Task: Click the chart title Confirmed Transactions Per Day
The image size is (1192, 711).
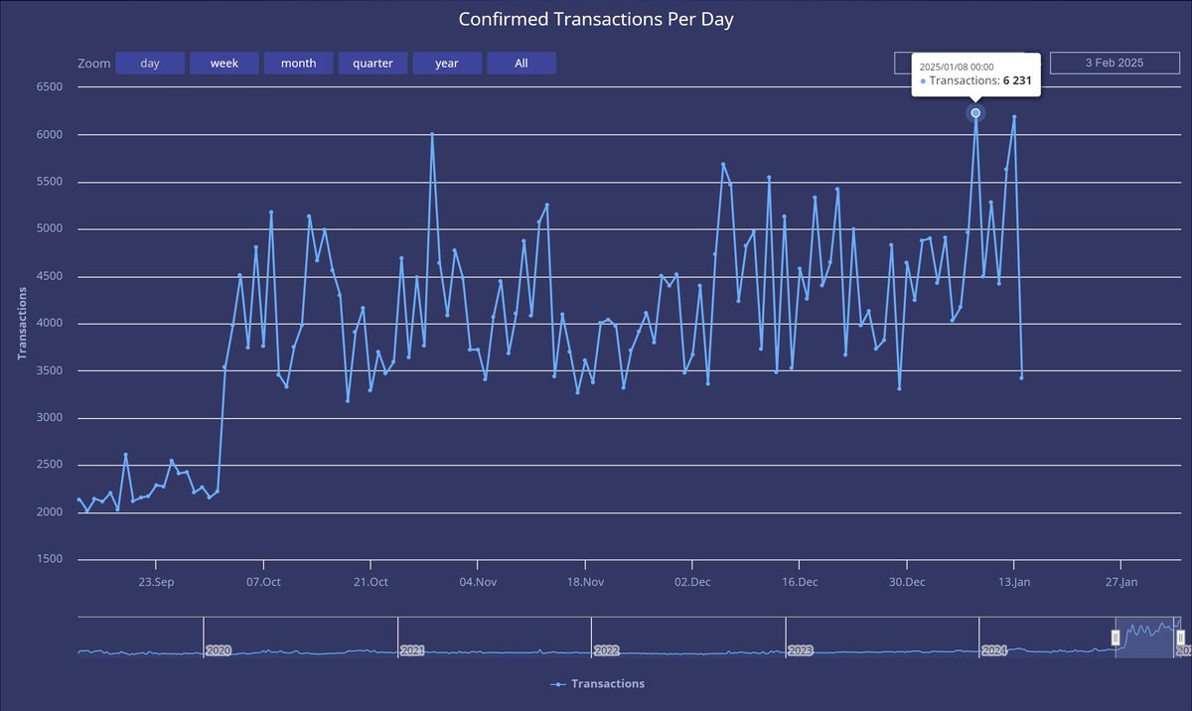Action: click(x=595, y=20)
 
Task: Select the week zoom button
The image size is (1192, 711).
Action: click(x=223, y=64)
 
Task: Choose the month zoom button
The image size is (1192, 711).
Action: click(x=298, y=64)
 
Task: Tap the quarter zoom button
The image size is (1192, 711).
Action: click(x=372, y=64)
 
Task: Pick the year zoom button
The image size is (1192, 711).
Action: click(x=447, y=64)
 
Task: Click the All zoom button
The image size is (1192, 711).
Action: click(x=521, y=64)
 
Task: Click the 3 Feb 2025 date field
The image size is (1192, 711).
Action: click(x=1114, y=64)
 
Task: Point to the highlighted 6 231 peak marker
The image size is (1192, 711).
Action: click(x=975, y=113)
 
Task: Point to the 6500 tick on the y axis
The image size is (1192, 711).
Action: click(x=49, y=87)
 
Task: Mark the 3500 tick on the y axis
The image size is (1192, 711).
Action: click(x=49, y=370)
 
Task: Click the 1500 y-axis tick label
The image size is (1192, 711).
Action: click(x=49, y=559)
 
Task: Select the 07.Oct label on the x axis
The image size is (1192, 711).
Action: click(x=263, y=582)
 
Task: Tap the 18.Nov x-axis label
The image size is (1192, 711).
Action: click(x=584, y=582)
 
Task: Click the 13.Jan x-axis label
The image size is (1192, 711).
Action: click(x=1014, y=582)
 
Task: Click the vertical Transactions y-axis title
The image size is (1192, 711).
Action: click(x=23, y=324)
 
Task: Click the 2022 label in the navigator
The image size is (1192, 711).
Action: click(x=607, y=650)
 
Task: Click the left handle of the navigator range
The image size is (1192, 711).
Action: click(x=1116, y=638)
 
